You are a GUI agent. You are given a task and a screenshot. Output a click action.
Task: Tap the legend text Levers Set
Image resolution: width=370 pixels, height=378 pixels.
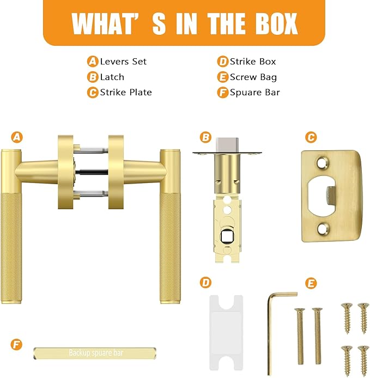123,62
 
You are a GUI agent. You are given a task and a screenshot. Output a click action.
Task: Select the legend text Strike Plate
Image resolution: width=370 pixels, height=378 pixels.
126,93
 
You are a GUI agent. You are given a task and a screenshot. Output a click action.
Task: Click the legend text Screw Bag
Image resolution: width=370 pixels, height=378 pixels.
253,77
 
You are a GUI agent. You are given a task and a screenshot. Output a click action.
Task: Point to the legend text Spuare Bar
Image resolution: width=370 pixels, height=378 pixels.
255,93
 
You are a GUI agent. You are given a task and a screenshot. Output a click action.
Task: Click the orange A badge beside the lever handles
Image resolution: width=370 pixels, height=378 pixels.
17,137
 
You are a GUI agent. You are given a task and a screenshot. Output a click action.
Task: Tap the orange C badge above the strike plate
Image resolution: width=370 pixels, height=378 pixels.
311,137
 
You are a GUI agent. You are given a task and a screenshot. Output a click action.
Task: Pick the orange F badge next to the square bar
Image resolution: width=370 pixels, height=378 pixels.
16,344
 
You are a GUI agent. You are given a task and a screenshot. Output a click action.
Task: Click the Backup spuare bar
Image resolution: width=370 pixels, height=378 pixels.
95,353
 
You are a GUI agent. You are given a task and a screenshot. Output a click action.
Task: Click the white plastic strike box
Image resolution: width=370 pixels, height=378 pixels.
226,333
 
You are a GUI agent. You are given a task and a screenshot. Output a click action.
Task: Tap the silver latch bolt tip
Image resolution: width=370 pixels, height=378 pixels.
227,145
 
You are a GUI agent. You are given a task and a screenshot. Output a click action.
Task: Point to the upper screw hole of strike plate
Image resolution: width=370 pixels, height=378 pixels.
322,163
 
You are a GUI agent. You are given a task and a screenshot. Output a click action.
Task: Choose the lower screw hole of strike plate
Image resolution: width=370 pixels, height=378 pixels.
322,229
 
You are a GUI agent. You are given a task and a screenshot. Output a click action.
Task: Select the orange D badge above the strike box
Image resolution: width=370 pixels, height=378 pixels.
206,283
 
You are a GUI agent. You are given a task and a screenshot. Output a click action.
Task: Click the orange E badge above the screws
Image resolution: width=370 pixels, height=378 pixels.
311,283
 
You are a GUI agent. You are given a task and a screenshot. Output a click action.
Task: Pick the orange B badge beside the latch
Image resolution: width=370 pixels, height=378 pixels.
206,137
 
